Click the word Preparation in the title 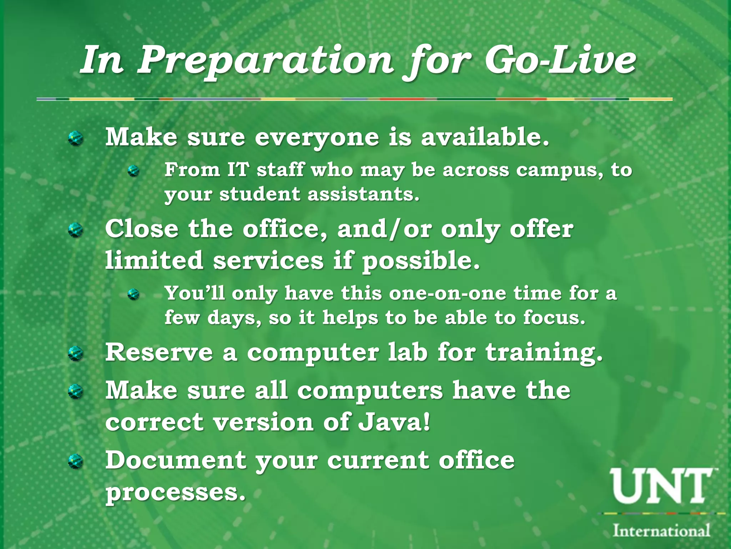click(266, 61)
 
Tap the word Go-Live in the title click(560, 61)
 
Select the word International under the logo click(661, 530)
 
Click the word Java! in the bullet click(394, 422)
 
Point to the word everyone click(317, 138)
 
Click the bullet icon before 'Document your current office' click(76, 461)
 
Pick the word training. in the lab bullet click(544, 352)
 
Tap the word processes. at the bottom click(176, 493)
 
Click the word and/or click(384, 229)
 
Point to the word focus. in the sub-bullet click(554, 317)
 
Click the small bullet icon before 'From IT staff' click(133, 171)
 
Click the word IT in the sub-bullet click(237, 170)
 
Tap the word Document click(176, 460)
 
